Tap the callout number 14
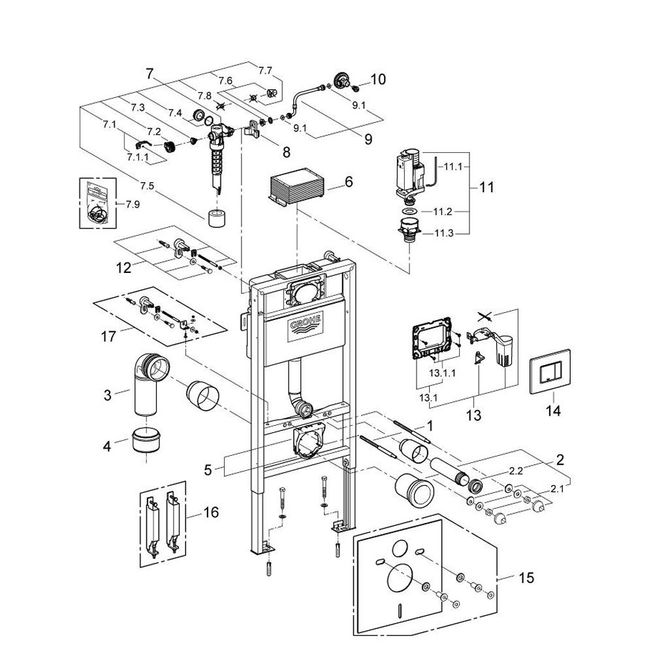point(553,411)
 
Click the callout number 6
point(349,182)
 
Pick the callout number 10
point(378,80)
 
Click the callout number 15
point(526,578)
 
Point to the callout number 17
point(108,337)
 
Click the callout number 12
point(123,268)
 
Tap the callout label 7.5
point(146,185)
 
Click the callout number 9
point(368,138)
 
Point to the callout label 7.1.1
point(138,157)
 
